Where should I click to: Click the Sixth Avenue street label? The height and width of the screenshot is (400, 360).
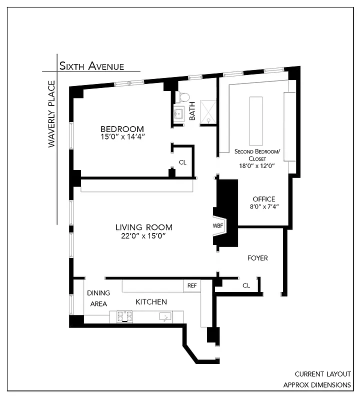coord(92,66)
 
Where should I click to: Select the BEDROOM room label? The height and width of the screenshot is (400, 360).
coord(122,128)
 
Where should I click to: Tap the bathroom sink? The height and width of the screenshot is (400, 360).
coord(178,114)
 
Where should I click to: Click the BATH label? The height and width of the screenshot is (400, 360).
coord(192,111)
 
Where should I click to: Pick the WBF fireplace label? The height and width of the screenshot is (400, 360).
coord(218,225)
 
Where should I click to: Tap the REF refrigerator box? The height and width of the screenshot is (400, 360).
coord(192,285)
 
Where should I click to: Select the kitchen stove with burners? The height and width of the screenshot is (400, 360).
coord(124,316)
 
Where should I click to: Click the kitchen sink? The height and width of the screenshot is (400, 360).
coord(165,316)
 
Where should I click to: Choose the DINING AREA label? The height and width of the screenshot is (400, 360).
coord(98,298)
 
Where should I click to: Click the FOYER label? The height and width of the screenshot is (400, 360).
coord(257,258)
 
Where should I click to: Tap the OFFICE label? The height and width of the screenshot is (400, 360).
coord(263,199)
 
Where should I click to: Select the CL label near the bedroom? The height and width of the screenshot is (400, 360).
coord(182,162)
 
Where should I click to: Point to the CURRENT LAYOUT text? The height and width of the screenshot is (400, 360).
coord(322,374)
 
